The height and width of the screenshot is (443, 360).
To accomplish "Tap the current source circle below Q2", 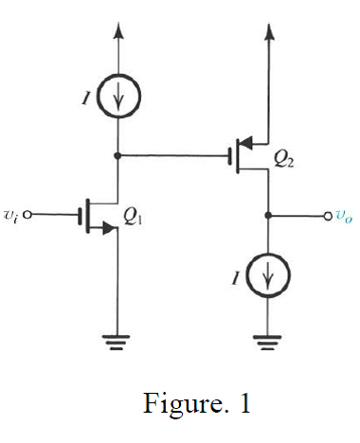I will pos(269,277).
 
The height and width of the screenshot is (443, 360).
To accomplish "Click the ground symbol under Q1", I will pos(117,343).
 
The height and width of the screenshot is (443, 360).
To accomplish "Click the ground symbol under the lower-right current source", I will pos(269,343).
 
